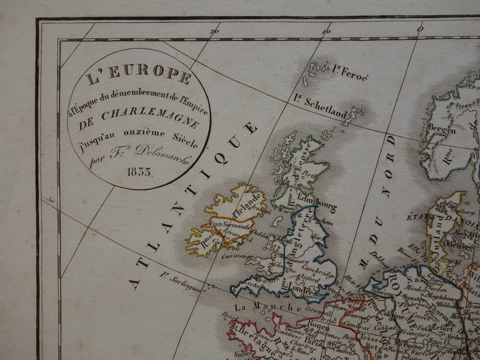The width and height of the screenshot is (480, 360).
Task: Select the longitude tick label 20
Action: (215, 31)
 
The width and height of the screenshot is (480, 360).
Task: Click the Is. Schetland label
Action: (320, 107)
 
